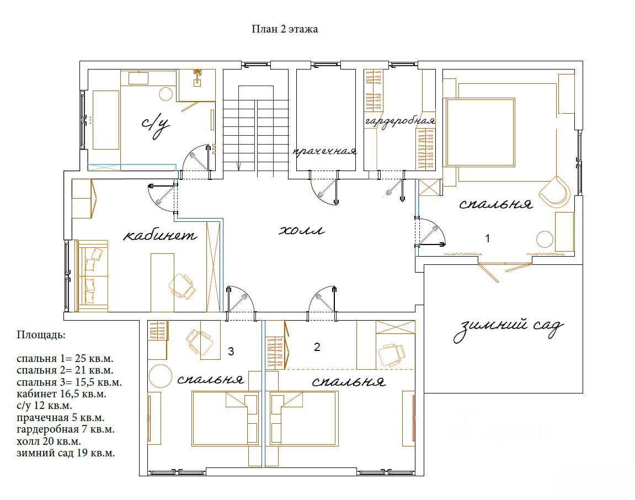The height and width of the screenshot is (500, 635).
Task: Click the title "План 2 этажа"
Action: click(x=285, y=29)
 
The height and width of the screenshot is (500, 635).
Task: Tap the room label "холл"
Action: click(x=302, y=231)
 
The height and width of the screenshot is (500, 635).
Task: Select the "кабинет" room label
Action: click(x=160, y=235)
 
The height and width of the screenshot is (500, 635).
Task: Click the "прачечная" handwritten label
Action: click(x=325, y=152)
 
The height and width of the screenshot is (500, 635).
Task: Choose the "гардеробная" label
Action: click(x=400, y=121)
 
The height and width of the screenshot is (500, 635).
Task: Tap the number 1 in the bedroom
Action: click(x=488, y=238)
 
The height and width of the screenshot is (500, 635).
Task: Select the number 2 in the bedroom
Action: click(x=317, y=347)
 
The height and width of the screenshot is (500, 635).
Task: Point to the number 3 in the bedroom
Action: click(x=231, y=352)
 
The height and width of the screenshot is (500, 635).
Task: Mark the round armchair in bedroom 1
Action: click(x=554, y=192)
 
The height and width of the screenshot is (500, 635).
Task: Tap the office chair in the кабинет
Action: click(x=182, y=286)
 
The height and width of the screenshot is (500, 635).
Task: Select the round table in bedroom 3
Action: click(x=161, y=376)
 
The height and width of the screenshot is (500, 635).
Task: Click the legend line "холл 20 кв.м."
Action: click(x=49, y=441)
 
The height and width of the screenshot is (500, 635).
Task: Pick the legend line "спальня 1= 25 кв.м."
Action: click(x=65, y=359)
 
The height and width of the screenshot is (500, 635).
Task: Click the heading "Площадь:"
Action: click(x=40, y=335)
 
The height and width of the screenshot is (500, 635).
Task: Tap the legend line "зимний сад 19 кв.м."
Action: click(x=66, y=453)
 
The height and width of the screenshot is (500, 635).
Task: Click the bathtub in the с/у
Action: click(x=106, y=120)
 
